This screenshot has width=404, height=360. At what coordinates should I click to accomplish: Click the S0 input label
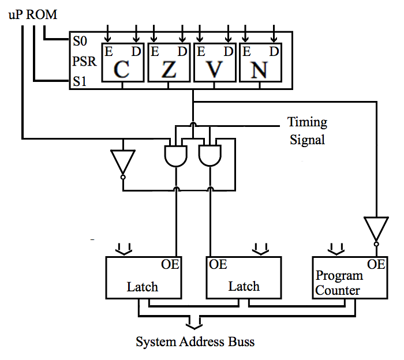click(80, 42)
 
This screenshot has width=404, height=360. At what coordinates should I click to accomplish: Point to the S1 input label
click(80, 82)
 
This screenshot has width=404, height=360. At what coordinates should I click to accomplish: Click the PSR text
click(83, 62)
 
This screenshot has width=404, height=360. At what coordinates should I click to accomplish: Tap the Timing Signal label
click(307, 130)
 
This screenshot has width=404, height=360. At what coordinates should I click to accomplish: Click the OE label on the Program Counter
click(376, 264)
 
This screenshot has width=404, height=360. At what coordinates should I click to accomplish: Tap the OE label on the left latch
click(170, 265)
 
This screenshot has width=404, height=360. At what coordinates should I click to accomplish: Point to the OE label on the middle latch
click(218, 265)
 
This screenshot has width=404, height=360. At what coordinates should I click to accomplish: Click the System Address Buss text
click(195, 342)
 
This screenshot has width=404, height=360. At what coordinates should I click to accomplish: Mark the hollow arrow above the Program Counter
click(335, 249)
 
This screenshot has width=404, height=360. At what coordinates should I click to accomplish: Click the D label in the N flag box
click(274, 51)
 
